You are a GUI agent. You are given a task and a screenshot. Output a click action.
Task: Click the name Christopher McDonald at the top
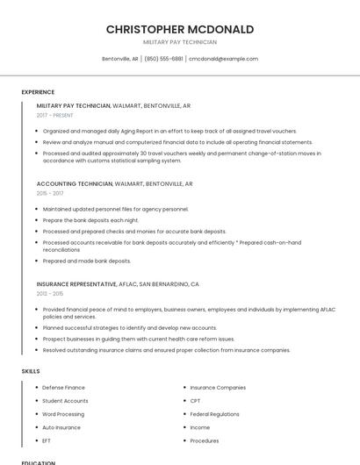pyautogui.click(x=179, y=29)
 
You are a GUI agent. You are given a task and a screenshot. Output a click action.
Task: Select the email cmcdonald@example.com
pyautogui.click(x=224, y=59)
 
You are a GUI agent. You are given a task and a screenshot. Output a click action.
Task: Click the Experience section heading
pyautogui.click(x=38, y=91)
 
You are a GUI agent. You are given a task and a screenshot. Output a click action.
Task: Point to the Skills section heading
pyautogui.click(x=31, y=371)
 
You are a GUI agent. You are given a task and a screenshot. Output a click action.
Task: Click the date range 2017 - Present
pyautogui.click(x=55, y=115)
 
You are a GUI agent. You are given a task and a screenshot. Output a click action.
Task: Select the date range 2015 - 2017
pyautogui.click(x=50, y=192)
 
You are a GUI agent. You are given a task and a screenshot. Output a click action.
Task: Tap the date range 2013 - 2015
pyautogui.click(x=50, y=293)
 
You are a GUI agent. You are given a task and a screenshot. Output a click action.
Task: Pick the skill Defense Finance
pyautogui.click(x=63, y=387)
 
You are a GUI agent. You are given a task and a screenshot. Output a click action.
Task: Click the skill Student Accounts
pyautogui.click(x=65, y=400)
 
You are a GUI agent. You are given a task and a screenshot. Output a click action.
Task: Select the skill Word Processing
pyautogui.click(x=63, y=414)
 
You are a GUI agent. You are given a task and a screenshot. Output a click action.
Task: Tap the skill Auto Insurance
pyautogui.click(x=61, y=427)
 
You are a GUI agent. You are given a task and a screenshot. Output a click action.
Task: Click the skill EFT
pyautogui.click(x=47, y=440)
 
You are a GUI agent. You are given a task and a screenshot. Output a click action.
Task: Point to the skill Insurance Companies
pyautogui.click(x=218, y=387)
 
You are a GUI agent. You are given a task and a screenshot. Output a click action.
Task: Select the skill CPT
pyautogui.click(x=195, y=400)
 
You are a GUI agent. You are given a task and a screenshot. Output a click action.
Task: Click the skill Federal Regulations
pyautogui.click(x=214, y=414)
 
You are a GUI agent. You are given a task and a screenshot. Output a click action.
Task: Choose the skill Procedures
pyautogui.click(x=205, y=440)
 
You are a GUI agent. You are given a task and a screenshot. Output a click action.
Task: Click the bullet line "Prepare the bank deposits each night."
pyautogui.click(x=90, y=220)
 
